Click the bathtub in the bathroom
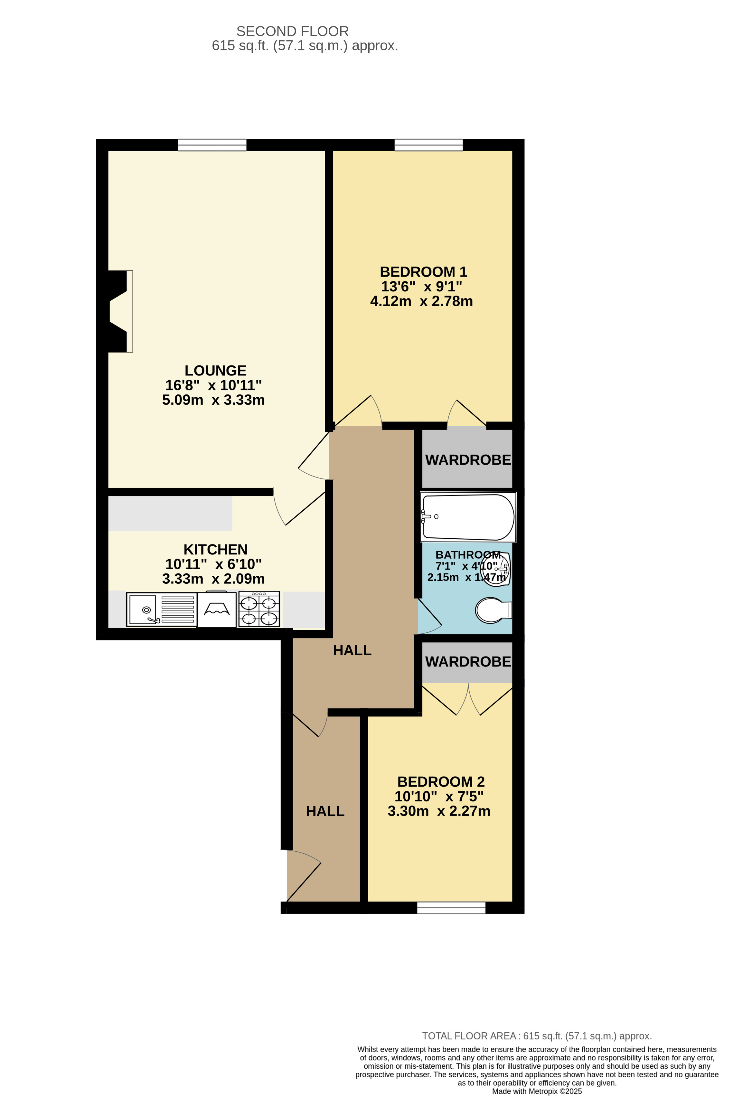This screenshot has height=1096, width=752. click(x=468, y=517)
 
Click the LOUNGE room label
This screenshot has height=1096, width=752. click(x=215, y=370)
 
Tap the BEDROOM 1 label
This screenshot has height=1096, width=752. click(x=423, y=272)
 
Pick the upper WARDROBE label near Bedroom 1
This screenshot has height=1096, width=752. click(x=468, y=460)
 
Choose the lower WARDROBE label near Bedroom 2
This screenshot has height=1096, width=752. click(x=468, y=662)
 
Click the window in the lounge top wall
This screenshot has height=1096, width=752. click(x=212, y=145)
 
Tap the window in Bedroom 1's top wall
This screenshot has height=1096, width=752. click(x=428, y=145)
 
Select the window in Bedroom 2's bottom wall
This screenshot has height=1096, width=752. click(x=451, y=908)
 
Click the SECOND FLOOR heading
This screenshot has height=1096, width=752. click(x=292, y=31)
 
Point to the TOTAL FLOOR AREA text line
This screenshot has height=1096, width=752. click(x=537, y=1036)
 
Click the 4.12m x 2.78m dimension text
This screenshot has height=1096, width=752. click(x=421, y=301)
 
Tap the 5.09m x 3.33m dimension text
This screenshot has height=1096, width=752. click(x=213, y=400)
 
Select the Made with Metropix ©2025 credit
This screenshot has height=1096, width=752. click(x=537, y=1091)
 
